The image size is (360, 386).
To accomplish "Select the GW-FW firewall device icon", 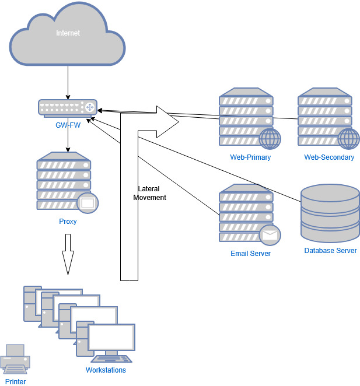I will click(67, 107).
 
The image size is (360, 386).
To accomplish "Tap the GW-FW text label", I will click(68, 124).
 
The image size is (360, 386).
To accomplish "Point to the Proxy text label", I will click(68, 222).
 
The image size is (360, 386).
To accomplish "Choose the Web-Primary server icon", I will click(246, 117).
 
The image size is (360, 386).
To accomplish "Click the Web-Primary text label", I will click(250, 157).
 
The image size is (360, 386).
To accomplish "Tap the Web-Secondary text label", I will click(329, 157).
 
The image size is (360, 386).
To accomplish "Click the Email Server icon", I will click(246, 213).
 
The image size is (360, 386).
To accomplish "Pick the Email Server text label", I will click(250, 254).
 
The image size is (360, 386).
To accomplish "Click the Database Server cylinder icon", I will click(330, 213).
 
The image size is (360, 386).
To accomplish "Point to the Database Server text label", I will click(330, 251).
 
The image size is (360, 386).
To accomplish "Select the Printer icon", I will click(15, 359).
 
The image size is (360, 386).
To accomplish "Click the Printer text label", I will click(15, 382).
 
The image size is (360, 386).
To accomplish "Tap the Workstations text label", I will click(106, 370).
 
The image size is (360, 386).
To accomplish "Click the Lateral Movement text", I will click(150, 193).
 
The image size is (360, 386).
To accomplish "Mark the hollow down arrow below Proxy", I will click(68, 254).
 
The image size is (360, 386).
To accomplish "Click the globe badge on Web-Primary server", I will click(270, 139).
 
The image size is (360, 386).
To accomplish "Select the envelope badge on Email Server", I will click(270, 235).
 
